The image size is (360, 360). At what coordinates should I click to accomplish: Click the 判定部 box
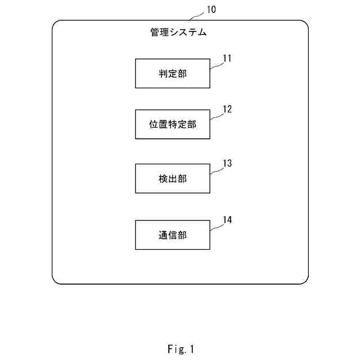(173, 73)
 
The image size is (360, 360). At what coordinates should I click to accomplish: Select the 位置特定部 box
(173, 124)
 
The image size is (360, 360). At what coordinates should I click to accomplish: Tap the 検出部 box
(173, 178)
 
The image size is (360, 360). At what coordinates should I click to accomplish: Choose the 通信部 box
(173, 235)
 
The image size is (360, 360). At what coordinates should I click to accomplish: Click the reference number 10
(210, 9)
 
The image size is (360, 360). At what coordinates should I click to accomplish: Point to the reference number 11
(227, 58)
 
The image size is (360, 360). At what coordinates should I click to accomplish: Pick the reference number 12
(227, 109)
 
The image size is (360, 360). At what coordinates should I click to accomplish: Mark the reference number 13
(227, 163)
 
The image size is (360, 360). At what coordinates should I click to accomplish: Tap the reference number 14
(227, 219)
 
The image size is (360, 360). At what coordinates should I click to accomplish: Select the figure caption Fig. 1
(180, 349)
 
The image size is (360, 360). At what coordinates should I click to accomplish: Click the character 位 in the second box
(154, 125)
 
